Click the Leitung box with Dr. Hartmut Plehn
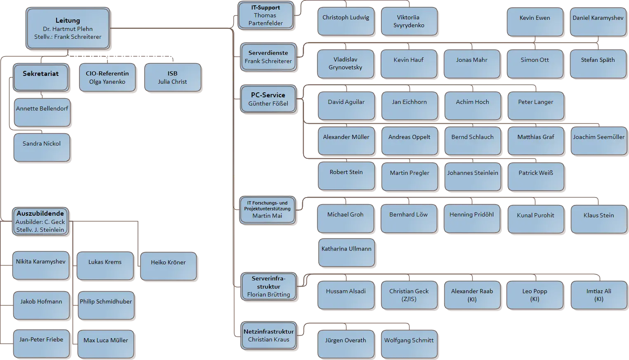pyautogui.click(x=68, y=28)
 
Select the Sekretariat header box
pyautogui.click(x=40, y=77)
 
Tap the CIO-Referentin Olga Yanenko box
pyautogui.click(x=107, y=77)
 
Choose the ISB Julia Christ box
pyautogui.click(x=172, y=77)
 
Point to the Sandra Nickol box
pyautogui.click(x=42, y=147)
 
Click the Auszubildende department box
pyautogui.click(x=40, y=221)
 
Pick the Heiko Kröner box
pyautogui.click(x=168, y=266)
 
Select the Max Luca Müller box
pyautogui.click(x=106, y=344)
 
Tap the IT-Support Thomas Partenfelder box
pyautogui.click(x=266, y=16)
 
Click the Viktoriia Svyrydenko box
pyautogui.click(x=408, y=21)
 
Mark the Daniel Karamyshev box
pyautogui.click(x=598, y=21)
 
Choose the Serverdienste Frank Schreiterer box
pyautogui.click(x=268, y=57)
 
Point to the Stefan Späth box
pyautogui.click(x=598, y=64)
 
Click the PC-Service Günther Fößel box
pyautogui.click(x=268, y=99)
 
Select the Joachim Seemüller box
pyautogui.click(x=598, y=141)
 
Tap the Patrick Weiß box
pyautogui.click(x=536, y=176)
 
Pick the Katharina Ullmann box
pyautogui.click(x=346, y=252)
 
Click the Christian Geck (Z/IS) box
pyautogui.click(x=409, y=295)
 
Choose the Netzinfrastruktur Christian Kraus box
pyautogui.click(x=269, y=336)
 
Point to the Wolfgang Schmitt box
pyautogui.click(x=409, y=344)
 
